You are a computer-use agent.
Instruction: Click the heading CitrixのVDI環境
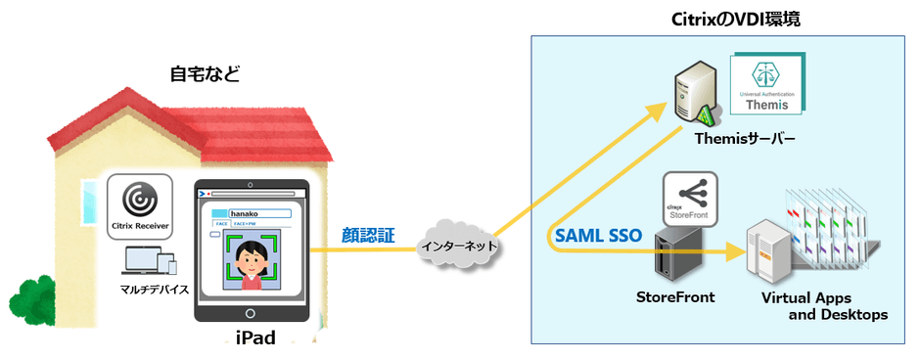tap(722, 19)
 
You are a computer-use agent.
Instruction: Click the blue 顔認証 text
tap(366, 234)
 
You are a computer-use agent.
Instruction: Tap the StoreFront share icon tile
tap(689, 196)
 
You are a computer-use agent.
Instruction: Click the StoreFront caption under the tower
tap(675, 297)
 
